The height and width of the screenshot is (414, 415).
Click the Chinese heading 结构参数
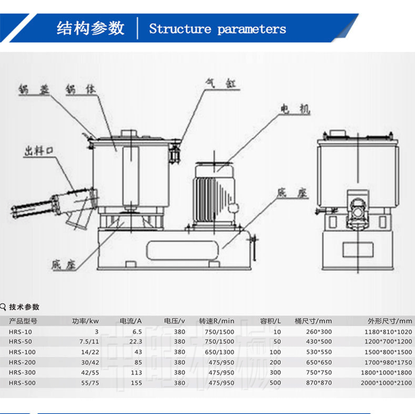coord(91,28)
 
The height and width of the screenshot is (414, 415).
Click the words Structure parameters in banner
coord(217,29)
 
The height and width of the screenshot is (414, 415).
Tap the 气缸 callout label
coord(220,83)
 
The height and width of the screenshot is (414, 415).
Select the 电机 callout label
coord(294,110)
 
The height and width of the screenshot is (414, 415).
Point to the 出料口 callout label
coord(38,151)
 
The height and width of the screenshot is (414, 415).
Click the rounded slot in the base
coord(182,249)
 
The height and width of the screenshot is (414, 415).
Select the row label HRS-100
coord(22,352)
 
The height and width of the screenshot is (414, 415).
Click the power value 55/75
coord(90,383)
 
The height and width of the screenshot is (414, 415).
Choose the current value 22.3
coord(136,341)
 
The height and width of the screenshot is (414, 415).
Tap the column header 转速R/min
coord(216,321)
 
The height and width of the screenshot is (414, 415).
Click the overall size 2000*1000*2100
coord(386,383)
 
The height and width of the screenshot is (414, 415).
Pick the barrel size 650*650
coord(319,362)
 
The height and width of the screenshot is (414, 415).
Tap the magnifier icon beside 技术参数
coord(3,307)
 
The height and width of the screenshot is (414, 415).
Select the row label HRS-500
coord(22,383)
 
